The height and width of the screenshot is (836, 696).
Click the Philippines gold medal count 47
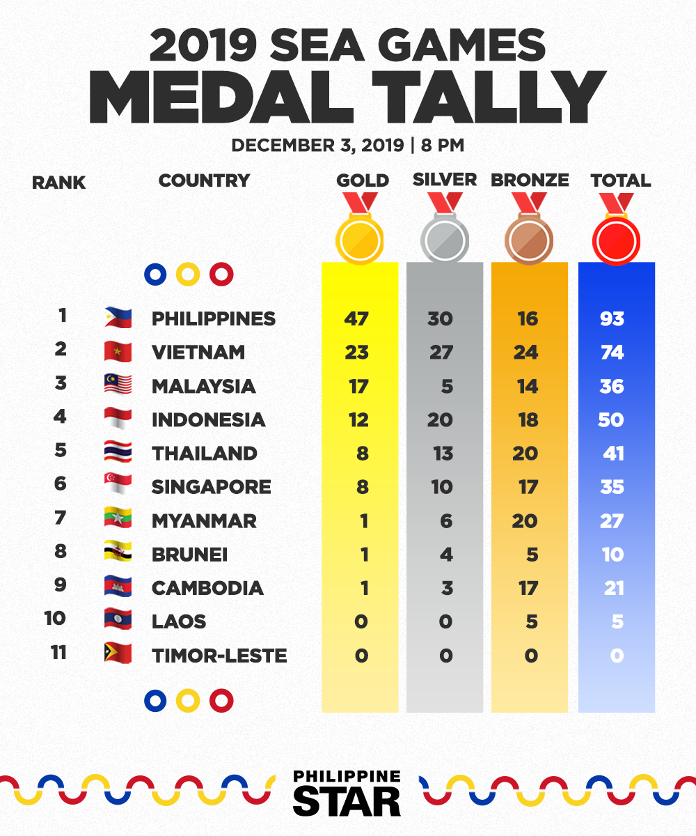(x=356, y=318)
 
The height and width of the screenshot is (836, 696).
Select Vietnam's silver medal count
(x=441, y=353)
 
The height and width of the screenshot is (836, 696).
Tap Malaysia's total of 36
(x=612, y=387)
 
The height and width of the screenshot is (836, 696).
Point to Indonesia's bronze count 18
(x=528, y=420)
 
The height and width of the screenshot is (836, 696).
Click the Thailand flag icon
(x=118, y=451)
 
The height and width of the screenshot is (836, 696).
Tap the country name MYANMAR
(x=204, y=521)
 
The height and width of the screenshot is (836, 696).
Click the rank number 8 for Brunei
(x=61, y=551)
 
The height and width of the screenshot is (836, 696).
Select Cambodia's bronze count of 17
(x=528, y=588)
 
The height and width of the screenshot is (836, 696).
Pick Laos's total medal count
(x=617, y=622)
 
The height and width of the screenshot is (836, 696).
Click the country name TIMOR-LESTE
(x=219, y=656)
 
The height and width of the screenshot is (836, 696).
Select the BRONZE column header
(x=530, y=180)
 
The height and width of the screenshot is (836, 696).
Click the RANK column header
(x=58, y=183)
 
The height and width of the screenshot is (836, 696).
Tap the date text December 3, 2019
(x=318, y=146)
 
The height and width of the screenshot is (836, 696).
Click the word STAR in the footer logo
(x=347, y=800)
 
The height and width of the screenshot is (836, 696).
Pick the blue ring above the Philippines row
(x=155, y=274)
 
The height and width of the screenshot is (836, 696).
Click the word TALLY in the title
(x=489, y=97)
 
